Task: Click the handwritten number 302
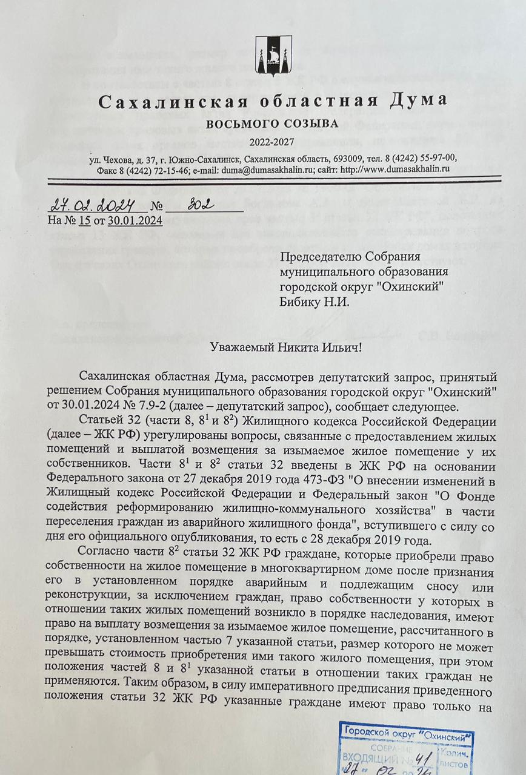coord(199,204)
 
